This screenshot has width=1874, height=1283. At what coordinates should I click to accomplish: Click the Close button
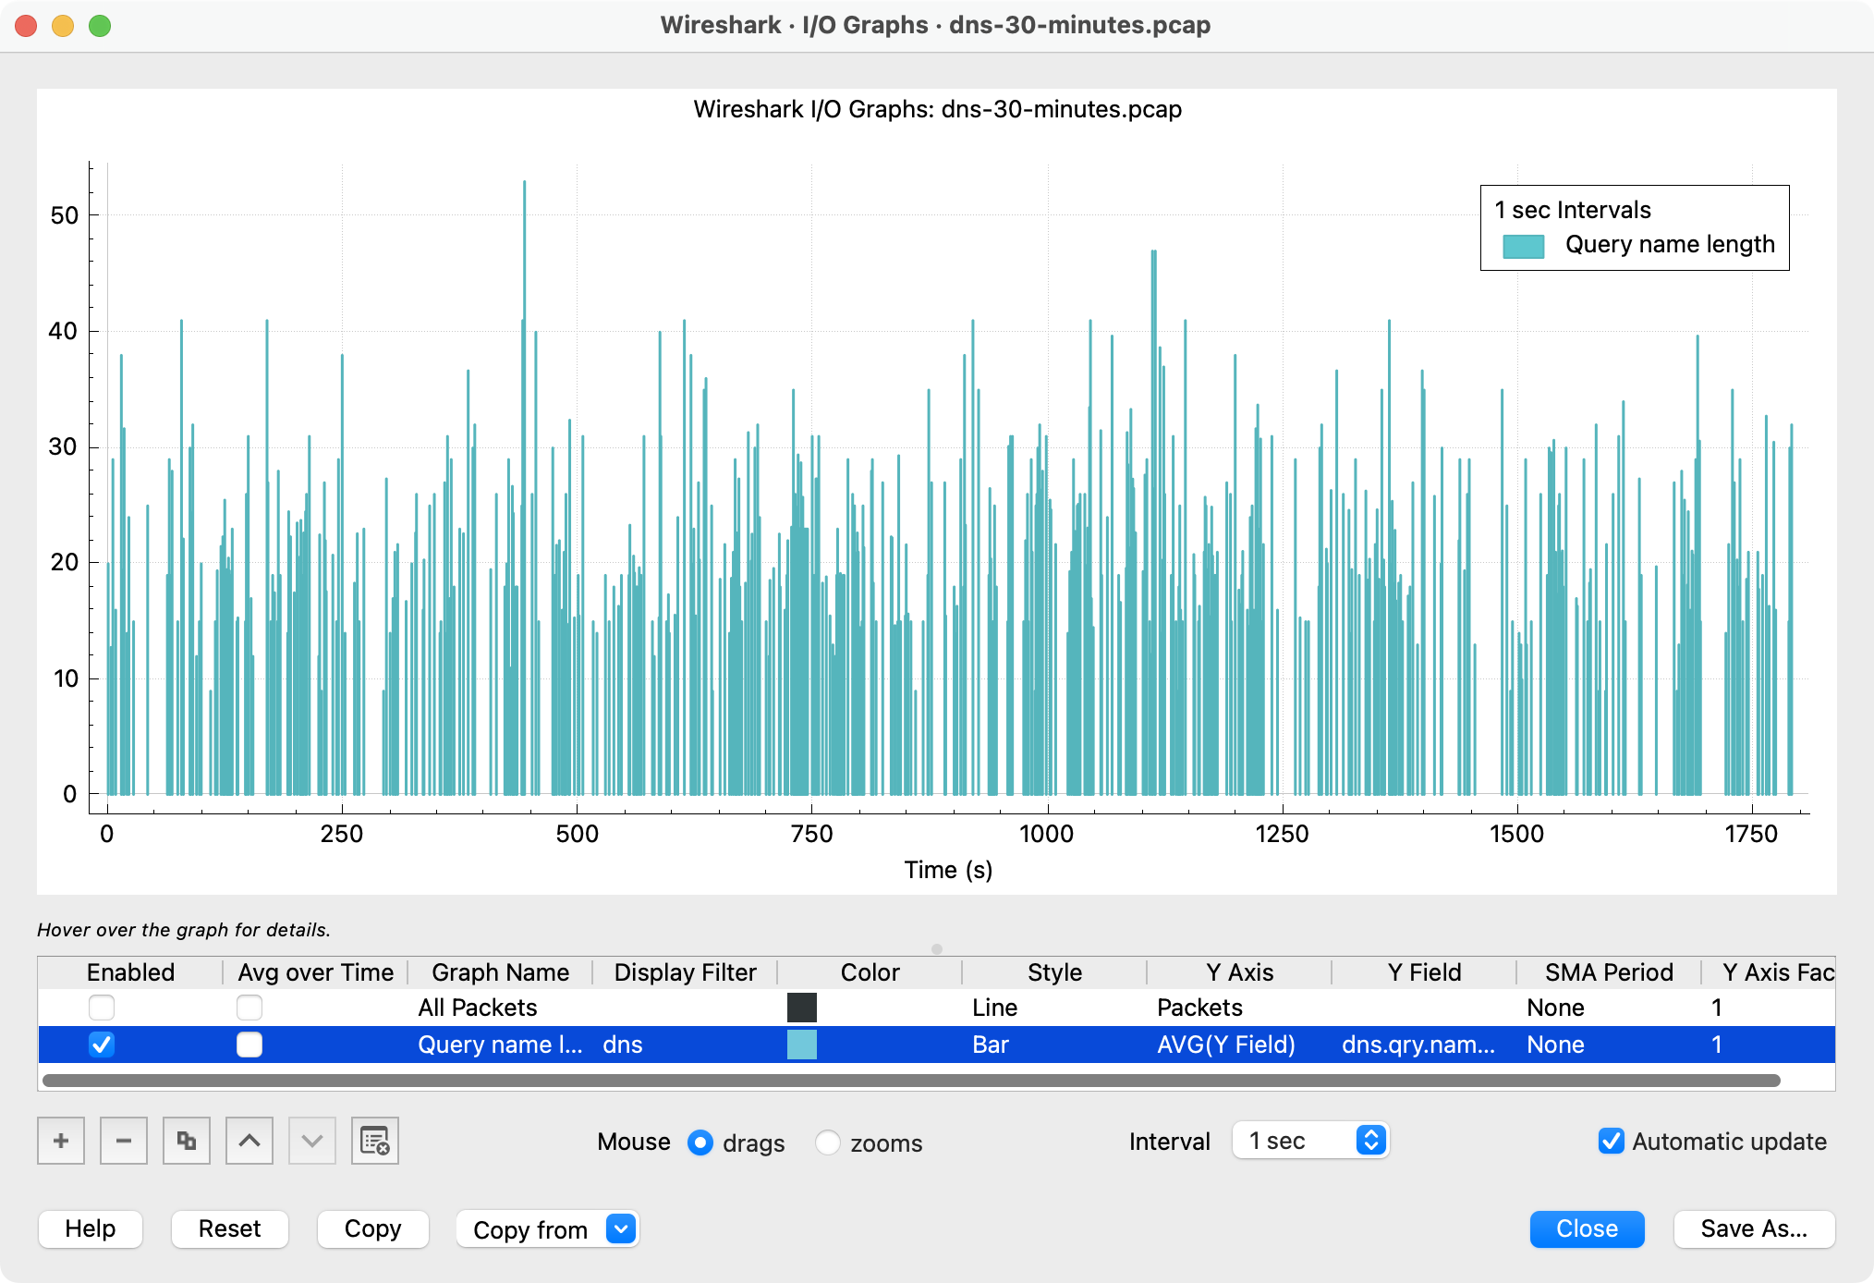click(1586, 1228)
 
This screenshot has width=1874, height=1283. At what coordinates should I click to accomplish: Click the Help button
click(91, 1228)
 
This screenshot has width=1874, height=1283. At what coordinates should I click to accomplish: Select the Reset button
click(229, 1228)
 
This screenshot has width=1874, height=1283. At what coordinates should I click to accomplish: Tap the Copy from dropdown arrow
click(621, 1228)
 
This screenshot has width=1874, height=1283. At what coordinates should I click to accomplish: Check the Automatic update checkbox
click(1611, 1141)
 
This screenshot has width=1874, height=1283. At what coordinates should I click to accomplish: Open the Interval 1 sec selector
click(1310, 1141)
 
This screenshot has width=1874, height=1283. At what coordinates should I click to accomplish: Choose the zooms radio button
click(828, 1142)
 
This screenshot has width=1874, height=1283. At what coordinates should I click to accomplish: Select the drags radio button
click(700, 1142)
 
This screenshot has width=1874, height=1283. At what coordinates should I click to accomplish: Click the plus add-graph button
click(61, 1141)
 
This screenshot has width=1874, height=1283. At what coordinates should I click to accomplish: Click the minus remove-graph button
click(124, 1141)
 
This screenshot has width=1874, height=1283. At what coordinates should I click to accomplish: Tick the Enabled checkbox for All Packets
click(102, 1007)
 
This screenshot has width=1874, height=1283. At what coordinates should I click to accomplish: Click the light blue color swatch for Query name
click(801, 1045)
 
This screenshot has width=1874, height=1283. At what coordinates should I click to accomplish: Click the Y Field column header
click(1423, 972)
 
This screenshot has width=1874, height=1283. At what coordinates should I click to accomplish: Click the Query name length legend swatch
click(1523, 246)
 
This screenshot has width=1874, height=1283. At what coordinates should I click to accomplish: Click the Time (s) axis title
click(948, 870)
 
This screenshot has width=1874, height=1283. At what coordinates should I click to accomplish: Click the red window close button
click(26, 26)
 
